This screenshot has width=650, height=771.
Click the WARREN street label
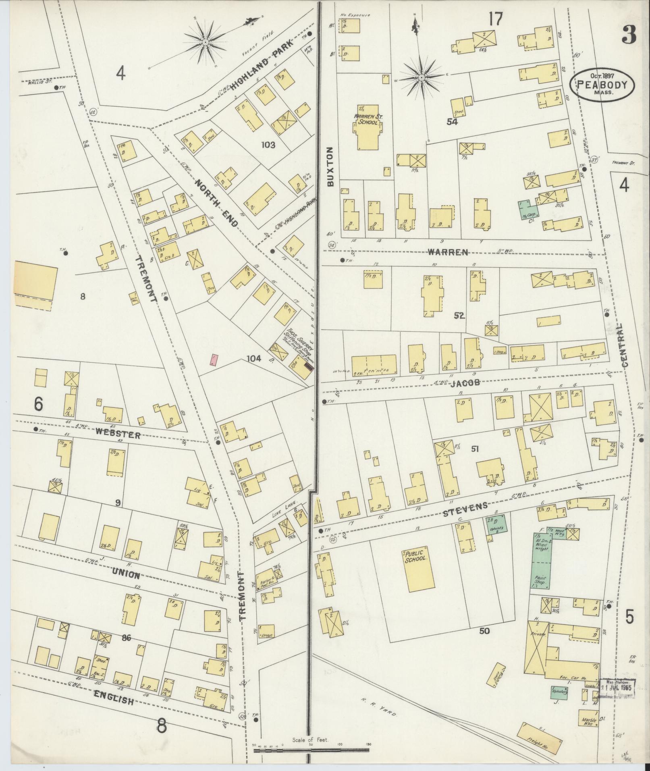click(448, 253)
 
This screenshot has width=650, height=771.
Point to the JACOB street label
click(465, 383)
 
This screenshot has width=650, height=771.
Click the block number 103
click(268, 145)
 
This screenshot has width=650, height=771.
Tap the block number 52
click(459, 316)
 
